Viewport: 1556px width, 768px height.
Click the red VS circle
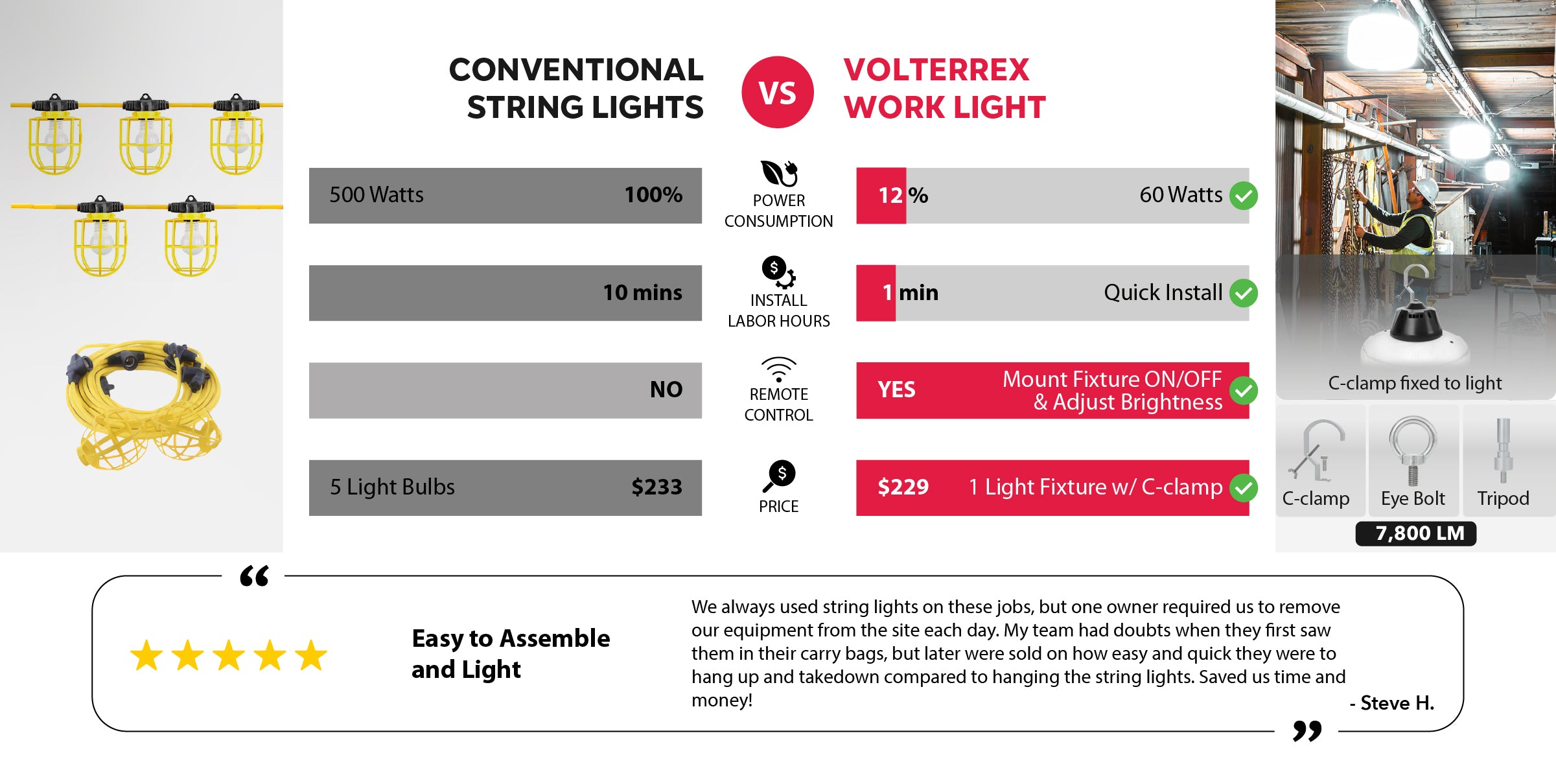click(x=778, y=92)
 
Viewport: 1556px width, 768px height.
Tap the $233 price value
click(x=656, y=487)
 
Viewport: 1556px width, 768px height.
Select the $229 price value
click(x=903, y=487)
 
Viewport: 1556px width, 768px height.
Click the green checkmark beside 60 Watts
click(x=1244, y=196)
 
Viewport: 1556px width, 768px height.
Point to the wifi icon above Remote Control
click(x=778, y=369)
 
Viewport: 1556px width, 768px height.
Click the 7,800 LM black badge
click(x=1415, y=533)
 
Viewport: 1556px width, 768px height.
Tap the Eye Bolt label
click(x=1413, y=498)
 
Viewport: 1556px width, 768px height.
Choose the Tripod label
click(x=1503, y=498)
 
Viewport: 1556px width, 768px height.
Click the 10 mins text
click(x=642, y=293)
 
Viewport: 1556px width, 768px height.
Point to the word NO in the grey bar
click(x=666, y=390)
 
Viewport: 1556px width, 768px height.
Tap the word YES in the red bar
click(x=896, y=390)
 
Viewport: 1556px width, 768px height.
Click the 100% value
click(x=653, y=195)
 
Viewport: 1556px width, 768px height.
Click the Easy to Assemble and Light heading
click(x=511, y=654)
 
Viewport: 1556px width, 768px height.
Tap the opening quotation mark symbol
click(x=254, y=576)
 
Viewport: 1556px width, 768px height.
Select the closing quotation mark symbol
click(x=1306, y=730)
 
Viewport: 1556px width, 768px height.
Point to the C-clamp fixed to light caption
click(x=1415, y=383)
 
